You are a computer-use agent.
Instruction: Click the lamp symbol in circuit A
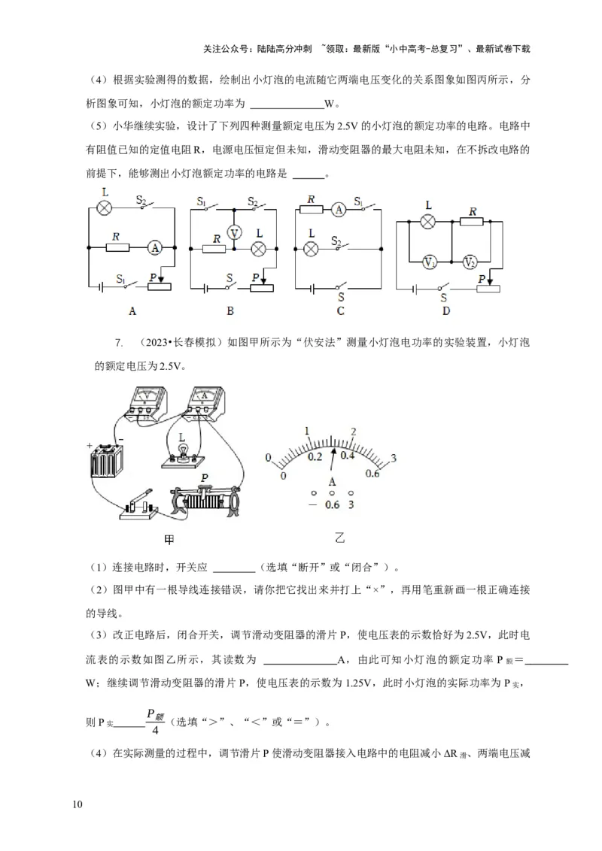106,207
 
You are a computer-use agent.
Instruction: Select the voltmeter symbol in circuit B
234,233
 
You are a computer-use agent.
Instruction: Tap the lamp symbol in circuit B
260,248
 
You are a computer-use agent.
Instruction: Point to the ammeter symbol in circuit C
339,210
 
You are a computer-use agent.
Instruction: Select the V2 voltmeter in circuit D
470,262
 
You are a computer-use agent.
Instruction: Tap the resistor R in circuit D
472,222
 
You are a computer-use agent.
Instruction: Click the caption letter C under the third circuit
340,310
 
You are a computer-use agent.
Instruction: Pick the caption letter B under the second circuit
231,310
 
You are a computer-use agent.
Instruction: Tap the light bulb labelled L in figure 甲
181,450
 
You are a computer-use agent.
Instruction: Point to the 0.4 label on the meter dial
347,456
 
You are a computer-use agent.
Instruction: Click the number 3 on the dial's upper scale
393,459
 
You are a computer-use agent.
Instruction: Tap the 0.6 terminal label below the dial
332,504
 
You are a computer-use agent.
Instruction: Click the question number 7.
118,344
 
